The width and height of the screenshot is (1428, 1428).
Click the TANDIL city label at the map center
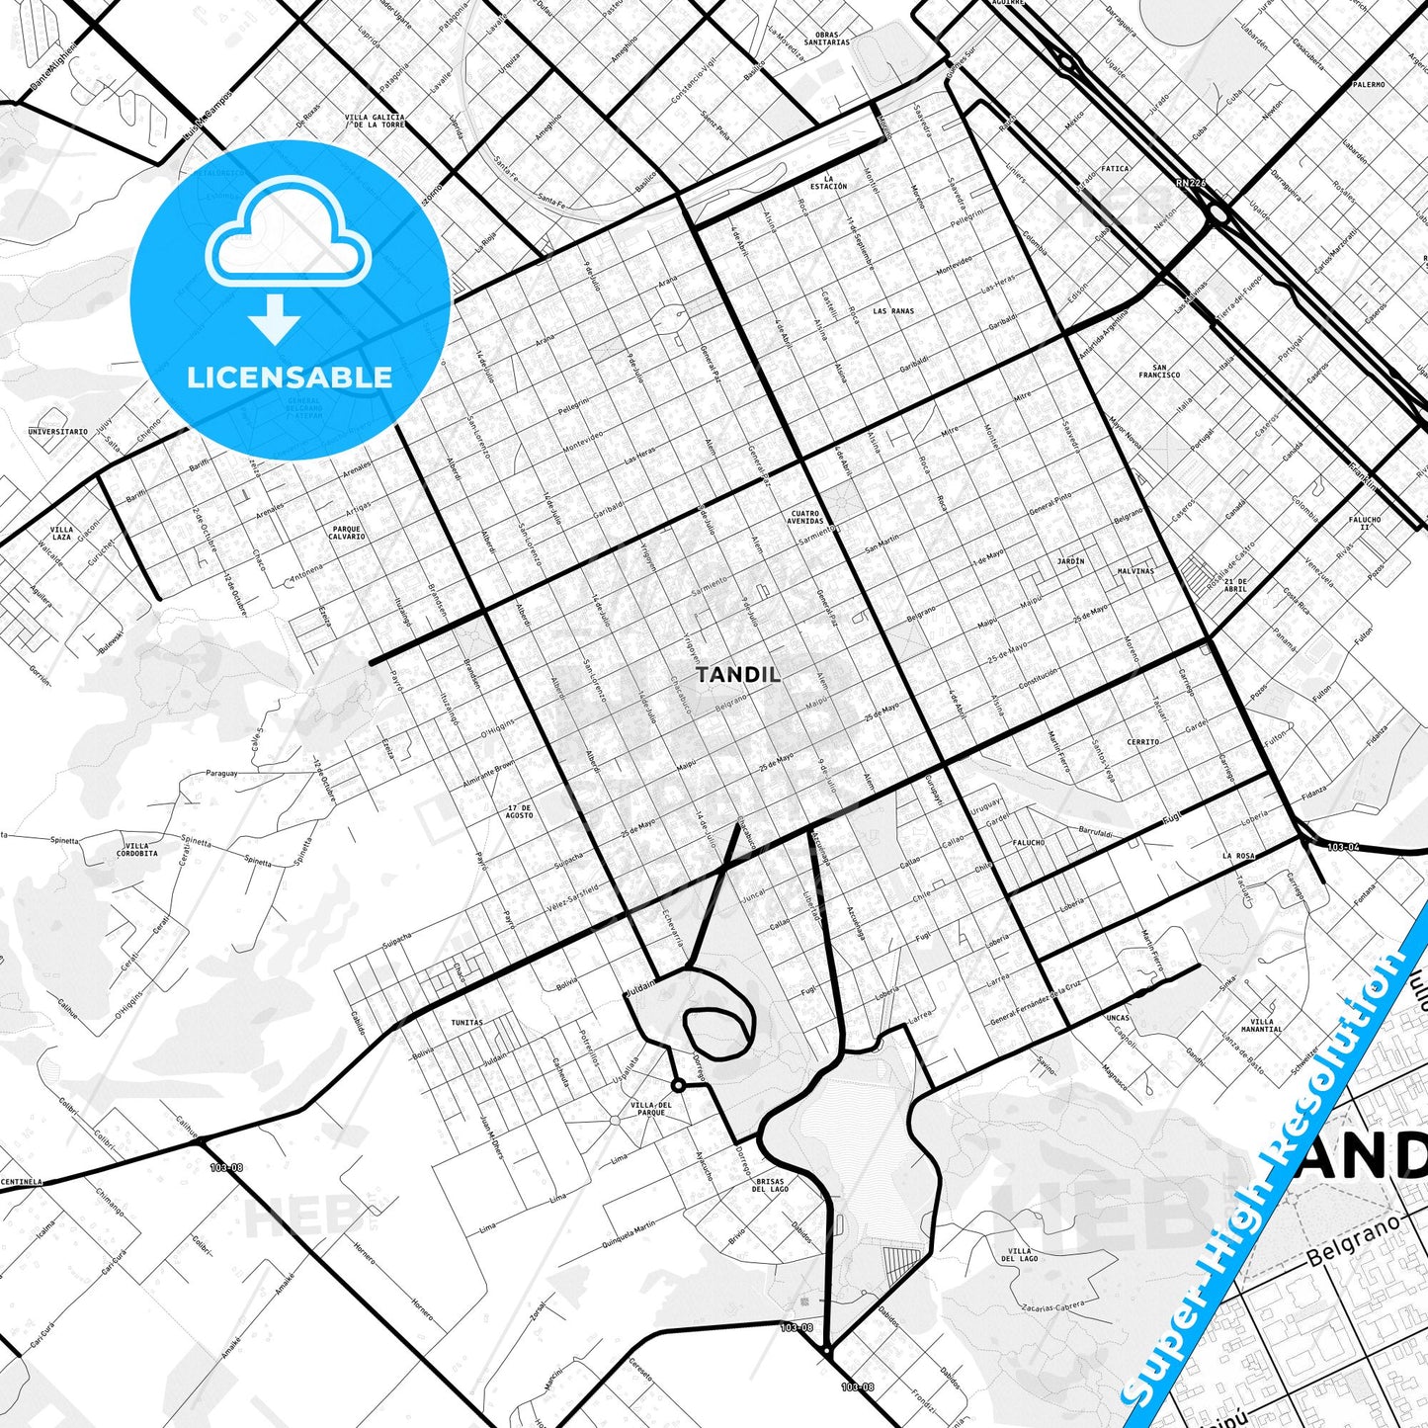point(738,675)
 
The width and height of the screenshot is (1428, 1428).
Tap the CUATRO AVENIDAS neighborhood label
point(805,517)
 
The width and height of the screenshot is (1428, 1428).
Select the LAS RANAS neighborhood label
point(893,311)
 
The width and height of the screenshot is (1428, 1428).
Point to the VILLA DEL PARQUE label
point(651,1109)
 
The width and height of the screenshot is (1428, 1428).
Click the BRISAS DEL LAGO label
point(770,1185)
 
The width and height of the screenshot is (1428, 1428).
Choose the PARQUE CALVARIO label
point(348,533)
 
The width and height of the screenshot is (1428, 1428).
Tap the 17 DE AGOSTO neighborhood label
point(519,811)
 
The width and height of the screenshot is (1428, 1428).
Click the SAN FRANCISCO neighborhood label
point(1159,372)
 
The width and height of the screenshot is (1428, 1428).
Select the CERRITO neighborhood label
point(1142,741)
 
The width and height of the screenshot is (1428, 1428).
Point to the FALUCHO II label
point(1365,523)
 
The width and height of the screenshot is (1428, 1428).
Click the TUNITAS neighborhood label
point(466,1023)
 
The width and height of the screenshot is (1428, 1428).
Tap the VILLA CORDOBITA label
point(137,850)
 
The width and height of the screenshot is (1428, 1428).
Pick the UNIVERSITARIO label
point(57,432)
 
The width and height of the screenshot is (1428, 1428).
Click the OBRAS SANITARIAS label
point(826,39)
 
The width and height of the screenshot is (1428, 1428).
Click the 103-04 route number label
point(1343,847)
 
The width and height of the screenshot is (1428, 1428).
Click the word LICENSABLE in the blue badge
point(290,377)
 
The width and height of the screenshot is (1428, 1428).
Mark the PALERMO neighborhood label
point(1368,85)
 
